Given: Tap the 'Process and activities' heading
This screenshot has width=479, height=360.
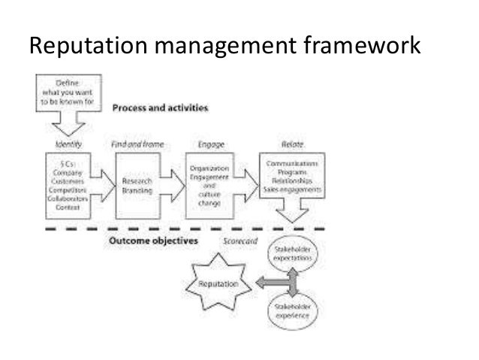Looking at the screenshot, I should click(x=160, y=107).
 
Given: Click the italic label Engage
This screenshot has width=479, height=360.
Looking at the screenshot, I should click(x=207, y=142).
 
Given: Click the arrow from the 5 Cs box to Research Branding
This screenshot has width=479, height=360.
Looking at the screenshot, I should click(x=103, y=185).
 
